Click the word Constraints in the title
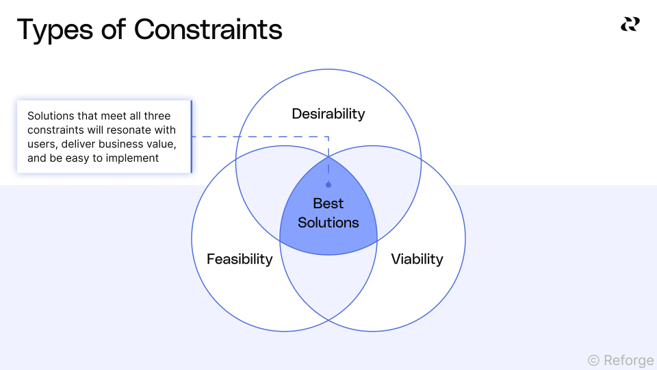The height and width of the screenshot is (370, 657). (208, 30)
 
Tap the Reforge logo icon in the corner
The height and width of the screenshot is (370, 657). (630, 25)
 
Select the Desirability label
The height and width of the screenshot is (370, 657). (328, 114)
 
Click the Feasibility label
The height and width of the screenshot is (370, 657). (240, 259)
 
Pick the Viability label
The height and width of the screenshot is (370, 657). (417, 259)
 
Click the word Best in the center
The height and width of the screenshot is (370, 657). (328, 203)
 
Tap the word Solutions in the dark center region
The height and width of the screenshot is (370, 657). (328, 223)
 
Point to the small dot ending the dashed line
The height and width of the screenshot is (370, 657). (328, 185)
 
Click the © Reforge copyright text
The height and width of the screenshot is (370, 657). (620, 360)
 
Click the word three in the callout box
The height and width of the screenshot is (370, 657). (157, 116)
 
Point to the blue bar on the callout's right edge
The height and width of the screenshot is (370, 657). (191, 136)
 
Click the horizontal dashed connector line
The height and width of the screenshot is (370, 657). (260, 136)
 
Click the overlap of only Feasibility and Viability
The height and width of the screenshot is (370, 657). (328, 284)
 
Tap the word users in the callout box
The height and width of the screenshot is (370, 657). (42, 144)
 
